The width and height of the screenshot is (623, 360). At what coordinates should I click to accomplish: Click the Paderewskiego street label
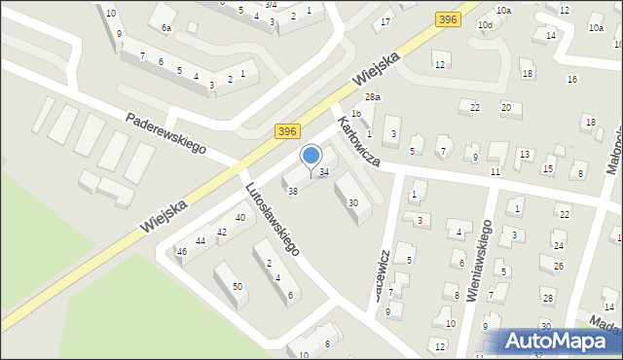(x=166, y=132)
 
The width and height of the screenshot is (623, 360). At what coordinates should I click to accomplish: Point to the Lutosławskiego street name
(x=272, y=220)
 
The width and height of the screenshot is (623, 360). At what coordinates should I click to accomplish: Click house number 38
(x=292, y=191)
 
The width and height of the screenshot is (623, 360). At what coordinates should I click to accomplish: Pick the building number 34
(x=324, y=172)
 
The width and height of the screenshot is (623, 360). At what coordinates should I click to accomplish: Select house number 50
(x=237, y=287)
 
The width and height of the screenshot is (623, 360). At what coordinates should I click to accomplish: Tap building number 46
(x=181, y=252)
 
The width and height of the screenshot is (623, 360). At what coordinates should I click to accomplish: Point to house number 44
(x=201, y=240)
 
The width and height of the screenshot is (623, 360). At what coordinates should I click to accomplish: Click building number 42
(x=222, y=232)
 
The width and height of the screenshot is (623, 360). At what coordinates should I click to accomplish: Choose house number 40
(x=239, y=217)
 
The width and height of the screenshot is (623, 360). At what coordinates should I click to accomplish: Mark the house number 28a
(x=372, y=97)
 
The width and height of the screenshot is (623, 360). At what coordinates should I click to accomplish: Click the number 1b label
(x=356, y=114)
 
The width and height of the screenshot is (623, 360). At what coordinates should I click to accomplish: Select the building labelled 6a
(x=166, y=28)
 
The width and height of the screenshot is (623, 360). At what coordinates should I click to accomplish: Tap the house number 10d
(x=484, y=23)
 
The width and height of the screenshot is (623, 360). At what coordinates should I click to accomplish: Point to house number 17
(x=386, y=21)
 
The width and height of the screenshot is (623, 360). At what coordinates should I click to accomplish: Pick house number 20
(x=505, y=106)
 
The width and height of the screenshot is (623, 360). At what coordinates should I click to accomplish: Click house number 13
(x=524, y=155)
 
